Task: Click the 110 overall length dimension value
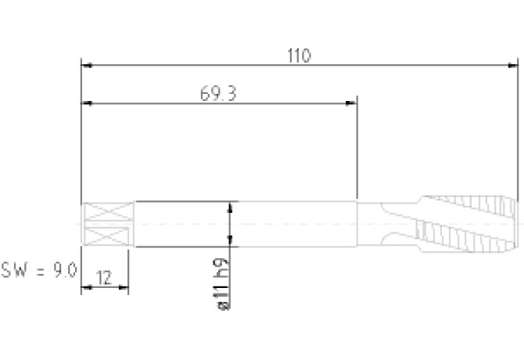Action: (x=299, y=56)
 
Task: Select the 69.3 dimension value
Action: (x=218, y=94)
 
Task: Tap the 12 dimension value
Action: (x=104, y=278)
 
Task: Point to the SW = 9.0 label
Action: (x=39, y=270)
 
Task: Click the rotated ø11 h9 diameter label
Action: (x=223, y=284)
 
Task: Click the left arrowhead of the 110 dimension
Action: (x=88, y=66)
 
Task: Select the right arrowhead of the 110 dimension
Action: (x=512, y=66)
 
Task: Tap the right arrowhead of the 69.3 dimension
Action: (x=351, y=103)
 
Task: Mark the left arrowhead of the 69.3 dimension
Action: (x=88, y=103)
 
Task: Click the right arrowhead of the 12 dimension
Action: (x=124, y=286)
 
